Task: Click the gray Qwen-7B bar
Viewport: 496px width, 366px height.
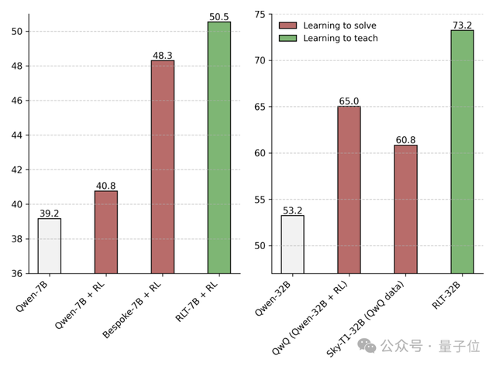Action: click(50, 245)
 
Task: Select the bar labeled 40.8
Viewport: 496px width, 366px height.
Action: click(106, 231)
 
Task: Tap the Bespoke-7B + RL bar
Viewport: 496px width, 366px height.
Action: click(163, 166)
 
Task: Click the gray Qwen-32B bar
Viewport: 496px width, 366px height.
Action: click(292, 244)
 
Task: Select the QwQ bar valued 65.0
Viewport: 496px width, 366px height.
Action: click(349, 190)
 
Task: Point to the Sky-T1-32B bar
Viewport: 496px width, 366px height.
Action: click(405, 209)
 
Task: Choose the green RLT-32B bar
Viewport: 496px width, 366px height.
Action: click(462, 151)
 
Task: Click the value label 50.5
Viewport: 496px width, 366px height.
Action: click(219, 16)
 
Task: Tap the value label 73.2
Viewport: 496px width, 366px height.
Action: click(462, 25)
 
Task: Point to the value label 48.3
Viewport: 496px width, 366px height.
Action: click(163, 55)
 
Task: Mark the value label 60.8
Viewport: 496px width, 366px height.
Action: click(405, 139)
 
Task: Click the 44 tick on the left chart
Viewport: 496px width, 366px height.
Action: click(20, 135)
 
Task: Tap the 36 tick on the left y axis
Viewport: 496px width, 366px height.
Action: click(20, 273)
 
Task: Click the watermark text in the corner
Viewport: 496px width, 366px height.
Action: click(437, 345)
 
